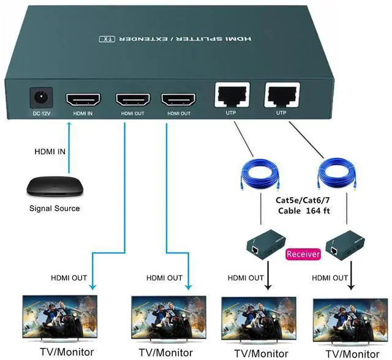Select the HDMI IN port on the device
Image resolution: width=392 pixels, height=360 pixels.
pyautogui.click(x=83, y=99)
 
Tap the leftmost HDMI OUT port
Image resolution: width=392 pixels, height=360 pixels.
pyautogui.click(x=133, y=99)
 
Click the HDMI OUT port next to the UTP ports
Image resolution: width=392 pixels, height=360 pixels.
pyautogui.click(x=178, y=99)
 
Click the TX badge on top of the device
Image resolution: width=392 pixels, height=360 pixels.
pyautogui.click(x=107, y=39)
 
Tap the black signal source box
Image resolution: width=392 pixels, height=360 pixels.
pyautogui.click(x=51, y=186)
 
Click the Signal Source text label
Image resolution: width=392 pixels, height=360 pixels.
pyautogui.click(x=55, y=208)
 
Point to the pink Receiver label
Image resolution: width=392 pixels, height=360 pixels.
pyautogui.click(x=303, y=253)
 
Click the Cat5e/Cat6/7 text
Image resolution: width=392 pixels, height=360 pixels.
pyautogui.click(x=300, y=200)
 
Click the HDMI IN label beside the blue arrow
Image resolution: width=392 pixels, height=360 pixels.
pyautogui.click(x=49, y=152)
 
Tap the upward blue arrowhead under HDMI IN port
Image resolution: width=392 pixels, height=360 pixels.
pyautogui.click(x=69, y=125)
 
